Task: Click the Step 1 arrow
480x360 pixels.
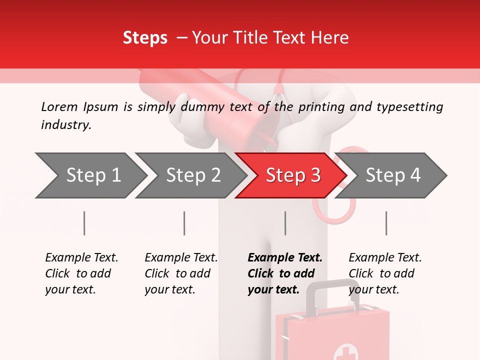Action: pos(90,175)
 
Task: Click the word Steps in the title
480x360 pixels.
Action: pos(145,37)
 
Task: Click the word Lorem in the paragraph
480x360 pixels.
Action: pos(59,106)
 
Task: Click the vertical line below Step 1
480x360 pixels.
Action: pos(84,223)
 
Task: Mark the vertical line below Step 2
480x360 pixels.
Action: pos(184,223)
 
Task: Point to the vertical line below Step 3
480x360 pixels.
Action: pos(285,223)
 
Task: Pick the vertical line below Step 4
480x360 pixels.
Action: pos(386,223)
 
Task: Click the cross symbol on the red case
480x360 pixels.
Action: pos(343,351)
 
